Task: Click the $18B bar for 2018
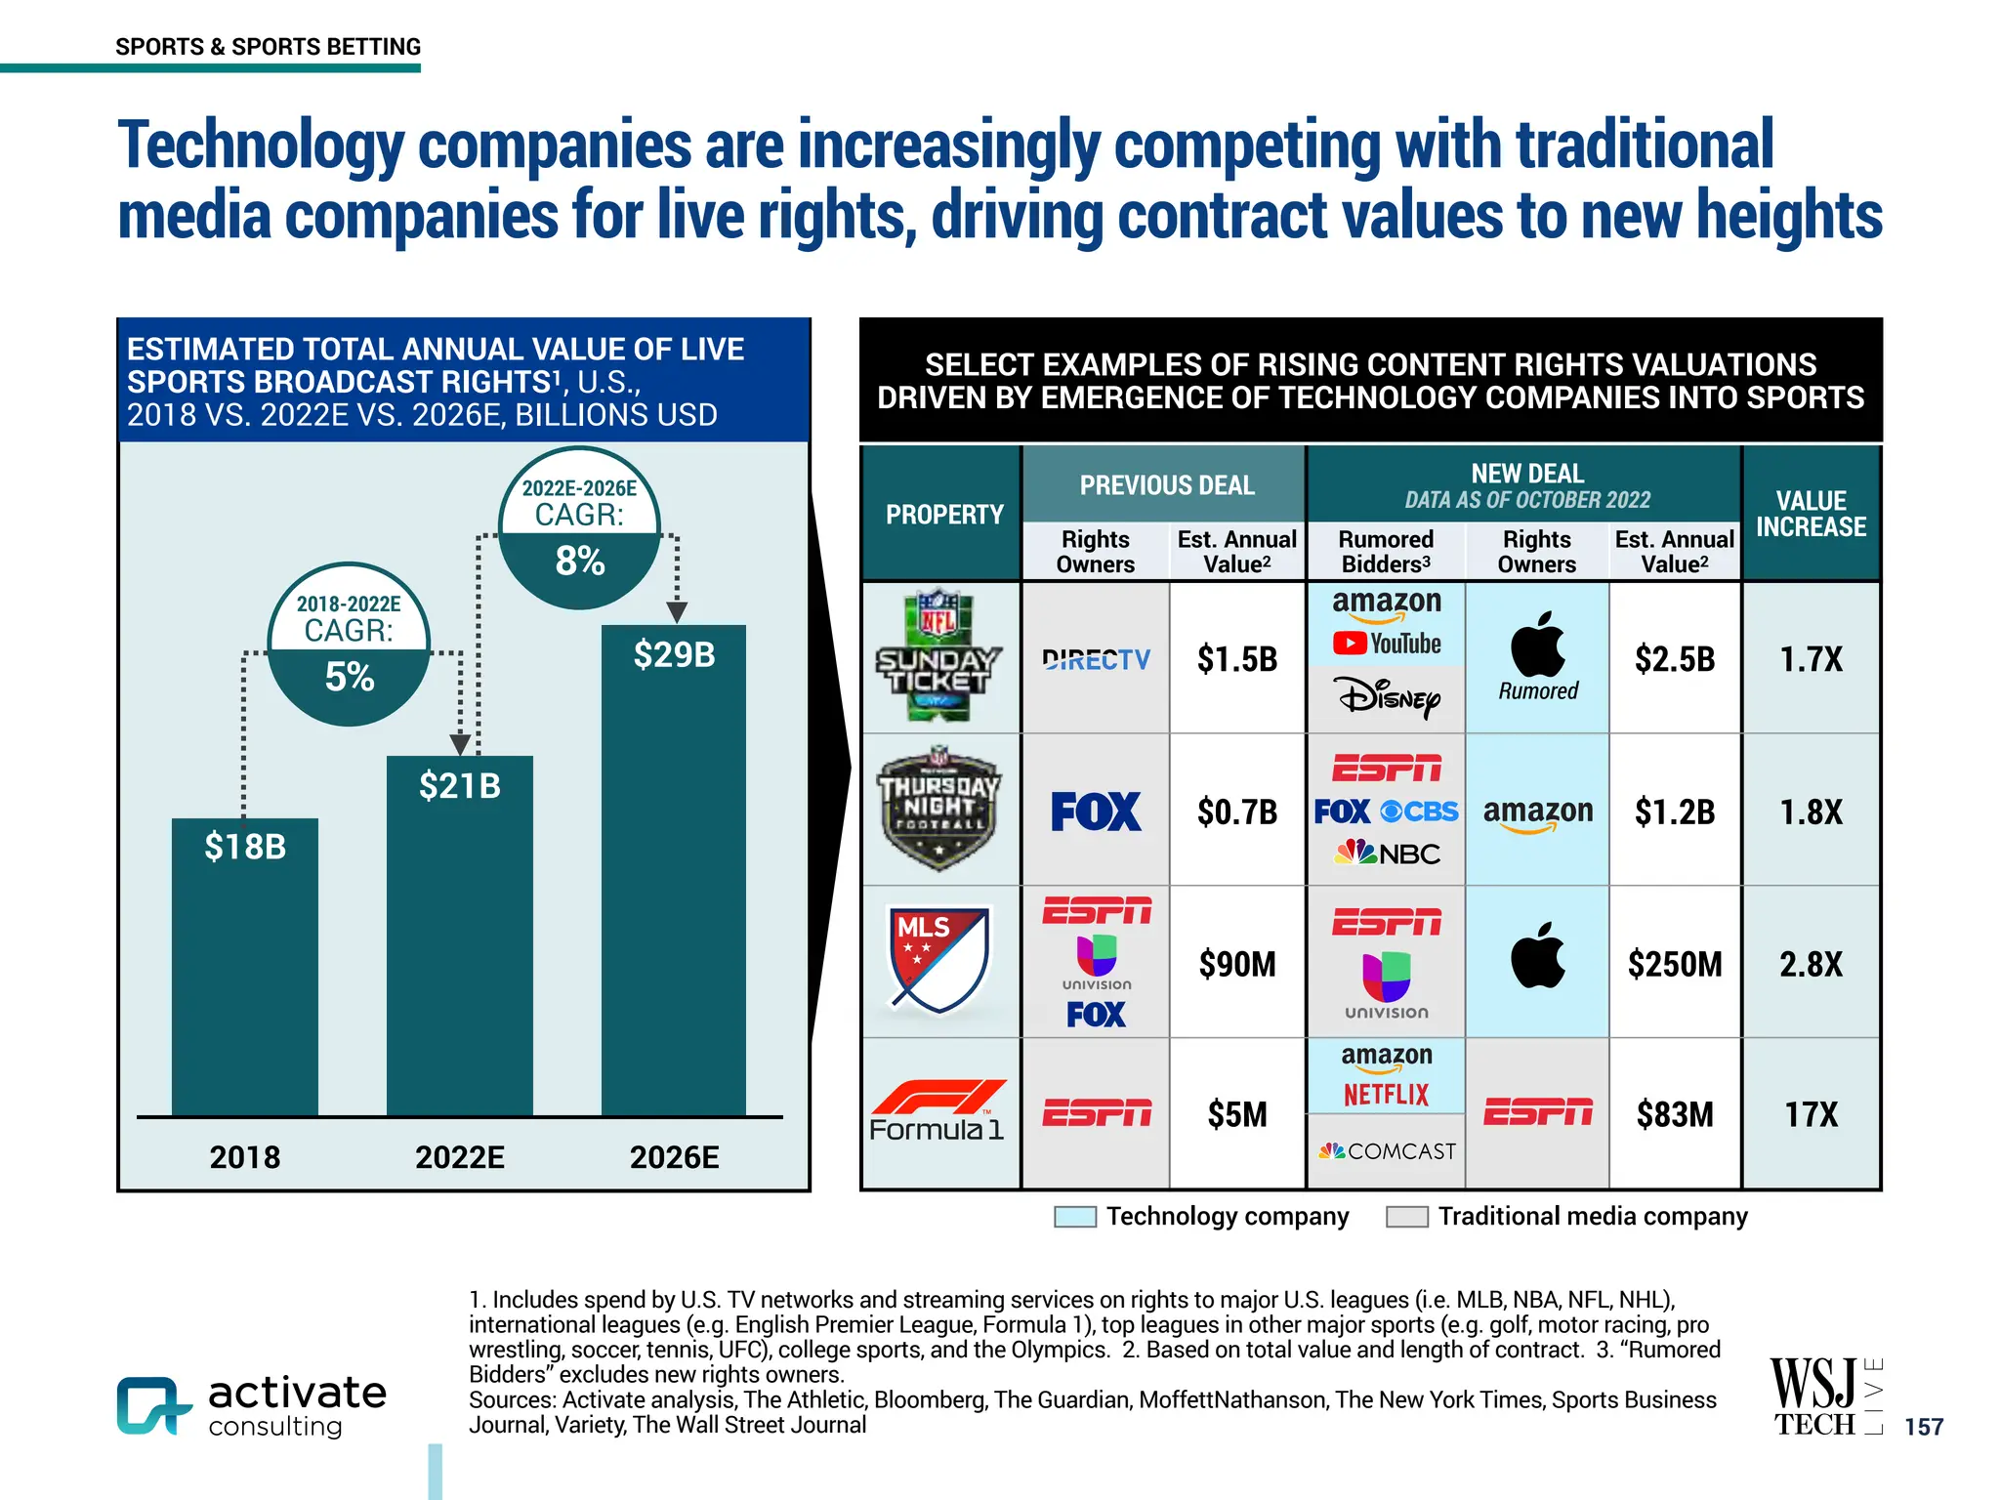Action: [x=244, y=967]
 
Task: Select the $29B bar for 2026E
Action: [x=674, y=869]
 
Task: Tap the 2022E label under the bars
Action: [x=459, y=1157]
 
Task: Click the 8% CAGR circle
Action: [x=579, y=528]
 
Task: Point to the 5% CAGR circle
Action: [x=349, y=645]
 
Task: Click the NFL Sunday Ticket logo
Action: [x=938, y=656]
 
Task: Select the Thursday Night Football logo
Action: [x=938, y=810]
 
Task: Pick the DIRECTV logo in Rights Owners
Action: [x=1096, y=660]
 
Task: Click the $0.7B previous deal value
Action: [x=1237, y=812]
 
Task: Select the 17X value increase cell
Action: [x=1811, y=1114]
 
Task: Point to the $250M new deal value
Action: [x=1674, y=964]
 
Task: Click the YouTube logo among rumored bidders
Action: [x=1387, y=644]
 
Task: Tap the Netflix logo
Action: [x=1386, y=1095]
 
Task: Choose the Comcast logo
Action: [x=1387, y=1151]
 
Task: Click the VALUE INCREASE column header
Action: [x=1811, y=514]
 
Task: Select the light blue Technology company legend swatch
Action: [x=1075, y=1217]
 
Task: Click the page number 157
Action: [x=1924, y=1427]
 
